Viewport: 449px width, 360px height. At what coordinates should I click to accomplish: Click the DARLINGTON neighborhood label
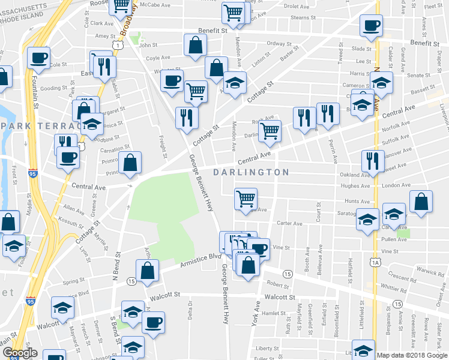click(x=252, y=172)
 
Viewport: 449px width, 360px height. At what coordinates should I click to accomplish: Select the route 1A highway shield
click(x=376, y=262)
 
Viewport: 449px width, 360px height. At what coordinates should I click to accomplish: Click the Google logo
click(x=20, y=353)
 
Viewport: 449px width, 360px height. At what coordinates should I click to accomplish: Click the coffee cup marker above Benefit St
click(x=371, y=26)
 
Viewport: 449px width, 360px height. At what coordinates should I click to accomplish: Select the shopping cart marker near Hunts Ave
click(x=246, y=199)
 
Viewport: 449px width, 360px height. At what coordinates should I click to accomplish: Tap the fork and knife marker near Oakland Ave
click(x=373, y=161)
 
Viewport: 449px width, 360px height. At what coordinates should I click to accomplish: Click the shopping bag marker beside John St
click(x=196, y=46)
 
